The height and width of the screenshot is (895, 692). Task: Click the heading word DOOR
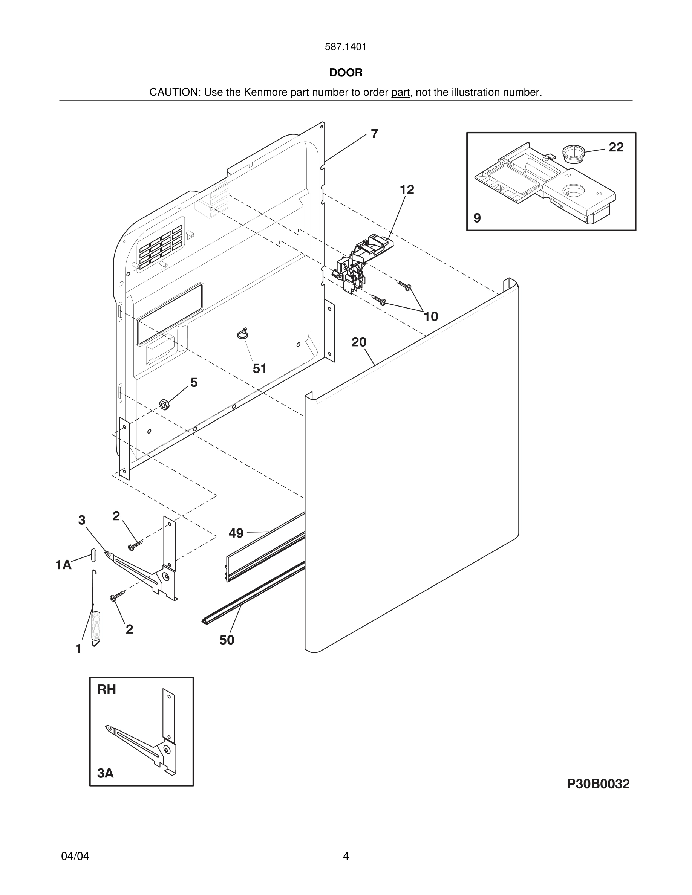tap(346, 73)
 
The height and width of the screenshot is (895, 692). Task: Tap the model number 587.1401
tap(346, 47)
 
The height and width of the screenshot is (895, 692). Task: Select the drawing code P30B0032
tap(598, 784)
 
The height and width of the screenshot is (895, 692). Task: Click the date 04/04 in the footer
tap(75, 856)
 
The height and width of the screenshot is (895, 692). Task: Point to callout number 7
tap(374, 134)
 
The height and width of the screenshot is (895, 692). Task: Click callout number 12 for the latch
tap(407, 190)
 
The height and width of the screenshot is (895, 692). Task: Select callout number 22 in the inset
tap(616, 147)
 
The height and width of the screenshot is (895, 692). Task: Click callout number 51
tap(259, 369)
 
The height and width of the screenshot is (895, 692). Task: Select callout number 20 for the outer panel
tap(359, 342)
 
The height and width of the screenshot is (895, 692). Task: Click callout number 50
tap(227, 640)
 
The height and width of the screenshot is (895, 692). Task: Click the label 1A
tap(64, 565)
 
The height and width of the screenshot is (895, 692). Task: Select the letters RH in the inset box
tap(107, 690)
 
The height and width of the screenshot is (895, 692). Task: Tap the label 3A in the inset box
tap(106, 773)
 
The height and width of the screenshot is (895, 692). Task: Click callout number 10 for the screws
tap(430, 316)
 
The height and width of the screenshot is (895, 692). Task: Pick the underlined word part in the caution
tap(400, 93)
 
